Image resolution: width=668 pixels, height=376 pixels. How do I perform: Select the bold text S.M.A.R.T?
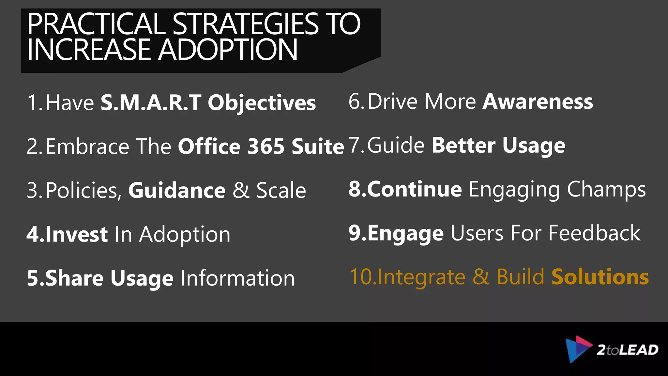pyautogui.click(x=151, y=103)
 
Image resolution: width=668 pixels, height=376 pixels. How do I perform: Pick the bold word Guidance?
pyautogui.click(x=177, y=190)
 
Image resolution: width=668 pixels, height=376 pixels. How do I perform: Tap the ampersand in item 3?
pyautogui.click(x=241, y=190)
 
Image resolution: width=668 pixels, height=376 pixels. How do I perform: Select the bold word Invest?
pyautogui.click(x=76, y=234)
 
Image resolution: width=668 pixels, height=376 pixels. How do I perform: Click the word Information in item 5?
pyautogui.click(x=237, y=278)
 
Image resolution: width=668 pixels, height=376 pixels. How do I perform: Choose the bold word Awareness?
pyautogui.click(x=538, y=102)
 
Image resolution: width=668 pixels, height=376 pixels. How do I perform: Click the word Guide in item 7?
pyautogui.click(x=396, y=145)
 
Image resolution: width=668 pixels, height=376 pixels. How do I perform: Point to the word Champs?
pyautogui.click(x=606, y=190)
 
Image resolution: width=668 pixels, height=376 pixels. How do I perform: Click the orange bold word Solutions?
pyautogui.click(x=600, y=277)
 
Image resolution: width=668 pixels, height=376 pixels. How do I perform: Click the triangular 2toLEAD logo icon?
pyautogui.click(x=578, y=349)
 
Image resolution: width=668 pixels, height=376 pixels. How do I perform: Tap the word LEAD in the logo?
pyautogui.click(x=638, y=350)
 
